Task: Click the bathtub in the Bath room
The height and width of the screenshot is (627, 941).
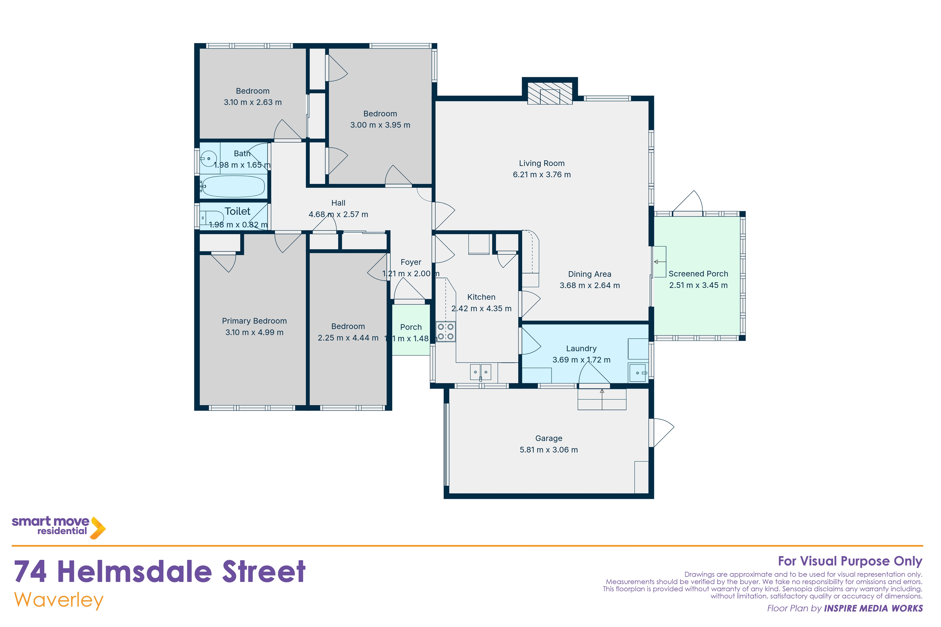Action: pos(234,187)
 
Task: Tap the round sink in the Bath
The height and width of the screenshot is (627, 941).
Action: pos(209,159)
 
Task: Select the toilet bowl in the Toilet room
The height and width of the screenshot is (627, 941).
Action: pos(212,218)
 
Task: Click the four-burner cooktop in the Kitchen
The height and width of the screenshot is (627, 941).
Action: pos(446,331)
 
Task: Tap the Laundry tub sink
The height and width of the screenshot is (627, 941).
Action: pos(637,373)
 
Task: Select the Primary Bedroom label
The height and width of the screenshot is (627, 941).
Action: pos(254,321)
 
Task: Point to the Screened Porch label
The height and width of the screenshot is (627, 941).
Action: pos(698,274)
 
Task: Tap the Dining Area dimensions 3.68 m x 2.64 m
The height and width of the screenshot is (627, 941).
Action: pos(590,286)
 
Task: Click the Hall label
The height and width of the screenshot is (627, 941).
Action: pos(338,203)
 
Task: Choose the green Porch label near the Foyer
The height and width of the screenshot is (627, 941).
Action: pos(411,327)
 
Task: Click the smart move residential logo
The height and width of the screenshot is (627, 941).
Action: pos(58,527)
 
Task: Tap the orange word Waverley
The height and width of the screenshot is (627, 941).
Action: pos(59,601)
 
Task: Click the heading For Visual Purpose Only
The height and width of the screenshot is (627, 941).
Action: pos(850,561)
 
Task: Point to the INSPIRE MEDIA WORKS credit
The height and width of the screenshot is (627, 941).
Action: pos(873,609)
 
